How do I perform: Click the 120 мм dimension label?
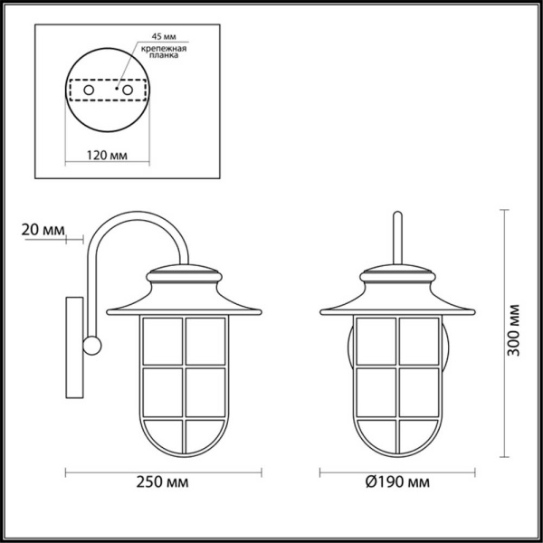(108, 155)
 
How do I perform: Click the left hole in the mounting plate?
(88, 91)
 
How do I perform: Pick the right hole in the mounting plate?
(128, 91)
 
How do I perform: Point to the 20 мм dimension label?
(42, 231)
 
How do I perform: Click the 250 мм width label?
(165, 481)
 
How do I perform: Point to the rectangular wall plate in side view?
(73, 348)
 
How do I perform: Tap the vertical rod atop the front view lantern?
(395, 239)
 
